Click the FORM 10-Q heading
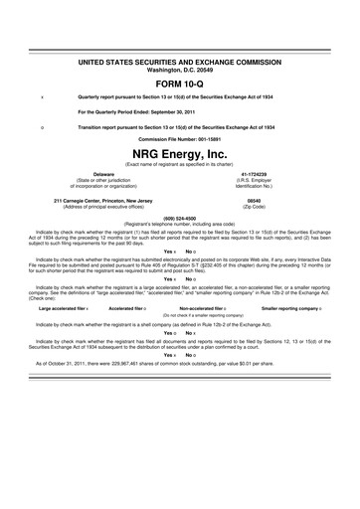pyautogui.click(x=179, y=83)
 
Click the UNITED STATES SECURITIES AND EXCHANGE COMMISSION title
pyautogui.click(x=179, y=63)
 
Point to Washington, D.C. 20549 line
pyautogui.click(x=179, y=70)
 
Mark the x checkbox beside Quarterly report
pyautogui.click(x=41, y=98)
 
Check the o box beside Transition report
pyautogui.click(x=41, y=127)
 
